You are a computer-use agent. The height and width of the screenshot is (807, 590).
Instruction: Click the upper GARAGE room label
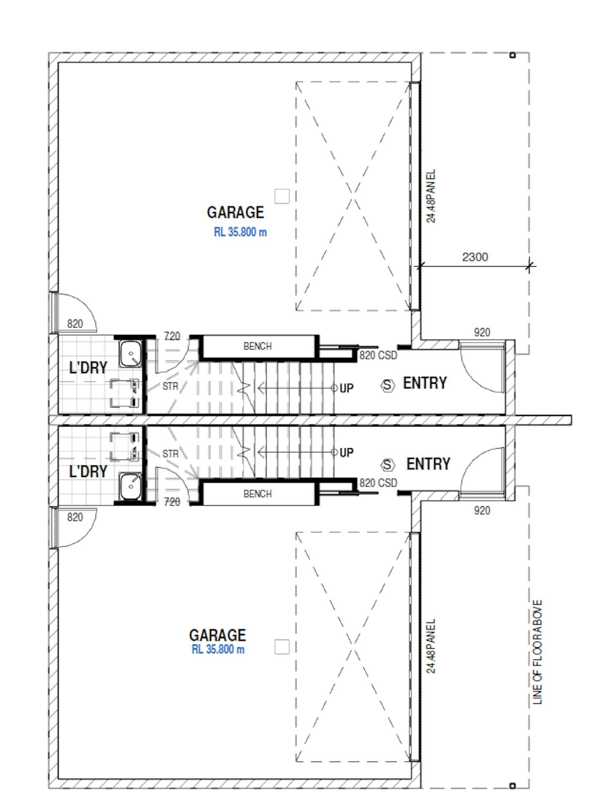pos(235,212)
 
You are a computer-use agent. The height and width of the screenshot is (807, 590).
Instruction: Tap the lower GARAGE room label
pos(217,635)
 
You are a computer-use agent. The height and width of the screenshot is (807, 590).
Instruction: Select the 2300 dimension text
pos(475,257)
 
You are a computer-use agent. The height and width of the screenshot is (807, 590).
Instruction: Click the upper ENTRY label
pos(425,383)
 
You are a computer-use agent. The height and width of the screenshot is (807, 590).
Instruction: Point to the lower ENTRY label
pos(428,464)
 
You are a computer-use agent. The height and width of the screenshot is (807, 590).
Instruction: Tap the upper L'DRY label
pos(88,368)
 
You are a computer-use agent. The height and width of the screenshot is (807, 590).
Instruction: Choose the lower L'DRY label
pos(88,471)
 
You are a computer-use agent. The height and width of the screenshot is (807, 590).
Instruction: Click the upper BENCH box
pos(257,347)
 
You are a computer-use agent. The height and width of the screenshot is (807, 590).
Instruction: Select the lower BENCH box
pos(257,494)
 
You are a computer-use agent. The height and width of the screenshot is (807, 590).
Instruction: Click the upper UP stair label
pos(346,388)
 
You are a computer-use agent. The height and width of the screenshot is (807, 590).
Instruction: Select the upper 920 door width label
pos(482,332)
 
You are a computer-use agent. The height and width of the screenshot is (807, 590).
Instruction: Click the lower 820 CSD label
pos(378,483)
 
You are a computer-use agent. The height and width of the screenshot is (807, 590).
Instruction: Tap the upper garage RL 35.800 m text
pos(240,232)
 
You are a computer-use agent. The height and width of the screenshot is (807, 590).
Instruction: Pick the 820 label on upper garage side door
pos(75,324)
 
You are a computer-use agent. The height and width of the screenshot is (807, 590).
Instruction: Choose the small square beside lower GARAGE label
pos(282,647)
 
